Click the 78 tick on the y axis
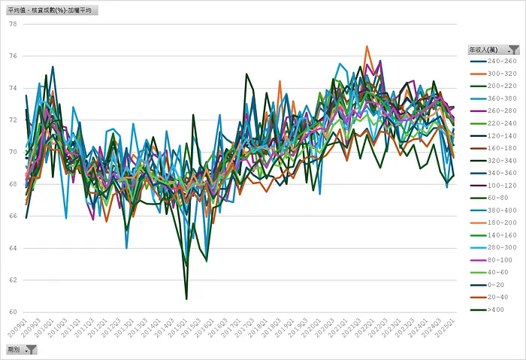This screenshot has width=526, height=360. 12,23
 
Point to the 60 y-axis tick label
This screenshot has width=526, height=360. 12,312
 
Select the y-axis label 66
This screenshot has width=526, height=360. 12,216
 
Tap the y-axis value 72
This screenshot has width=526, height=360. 12,119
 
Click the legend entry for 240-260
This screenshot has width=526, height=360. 500,61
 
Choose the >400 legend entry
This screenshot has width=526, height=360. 496,309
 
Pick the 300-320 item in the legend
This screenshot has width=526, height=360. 500,74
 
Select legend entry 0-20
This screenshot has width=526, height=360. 496,284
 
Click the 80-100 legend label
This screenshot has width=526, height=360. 498,259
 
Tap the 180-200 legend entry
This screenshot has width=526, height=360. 500,222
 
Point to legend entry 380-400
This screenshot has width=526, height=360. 500,210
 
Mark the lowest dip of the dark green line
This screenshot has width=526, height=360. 186,298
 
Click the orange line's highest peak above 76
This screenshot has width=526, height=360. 367,47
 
